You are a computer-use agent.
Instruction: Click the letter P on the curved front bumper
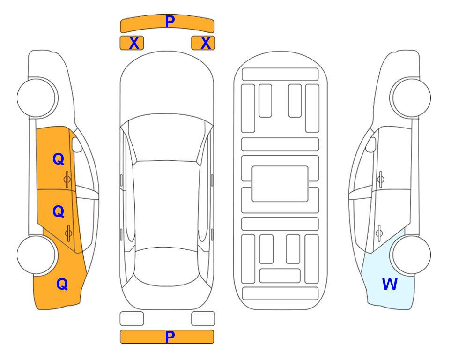[x=170, y=21]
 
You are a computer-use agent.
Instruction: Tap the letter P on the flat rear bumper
[x=170, y=337]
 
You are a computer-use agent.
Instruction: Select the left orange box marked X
[x=132, y=43]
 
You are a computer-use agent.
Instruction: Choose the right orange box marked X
[x=203, y=43]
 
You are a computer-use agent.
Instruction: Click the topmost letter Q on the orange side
[x=59, y=159]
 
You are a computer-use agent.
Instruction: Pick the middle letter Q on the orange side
[x=59, y=212]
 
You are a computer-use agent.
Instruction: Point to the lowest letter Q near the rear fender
[x=62, y=284]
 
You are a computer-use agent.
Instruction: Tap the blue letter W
[x=390, y=284]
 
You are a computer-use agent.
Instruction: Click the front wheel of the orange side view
[x=37, y=98]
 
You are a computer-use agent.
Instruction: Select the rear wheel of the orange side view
[x=37, y=255]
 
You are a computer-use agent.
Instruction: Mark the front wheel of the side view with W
[x=410, y=97]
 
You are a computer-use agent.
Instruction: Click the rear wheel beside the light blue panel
[x=410, y=255]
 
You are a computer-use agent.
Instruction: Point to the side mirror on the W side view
[x=371, y=144]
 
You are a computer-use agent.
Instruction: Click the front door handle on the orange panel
[x=67, y=179]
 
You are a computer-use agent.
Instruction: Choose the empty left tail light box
[x=132, y=319]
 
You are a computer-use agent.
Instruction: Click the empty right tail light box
[x=203, y=319]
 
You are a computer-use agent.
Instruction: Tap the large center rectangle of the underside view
[x=280, y=184]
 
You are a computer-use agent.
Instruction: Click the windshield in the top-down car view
[x=167, y=138]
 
